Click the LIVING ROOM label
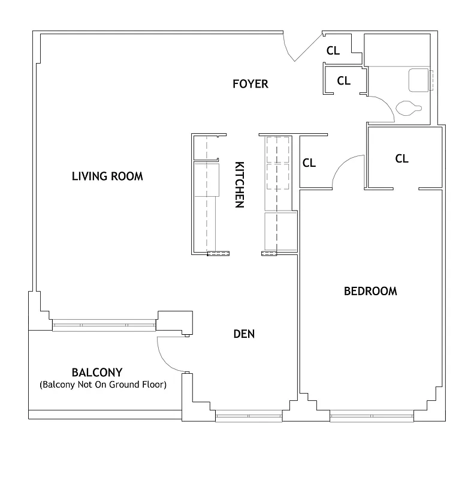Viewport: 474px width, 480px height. click(x=107, y=176)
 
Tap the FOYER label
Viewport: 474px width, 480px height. click(x=250, y=84)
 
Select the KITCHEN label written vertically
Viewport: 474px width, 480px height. click(x=239, y=184)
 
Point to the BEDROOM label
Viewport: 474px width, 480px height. click(x=370, y=292)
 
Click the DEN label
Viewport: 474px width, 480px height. click(x=244, y=334)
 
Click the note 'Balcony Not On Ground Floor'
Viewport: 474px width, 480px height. click(x=102, y=384)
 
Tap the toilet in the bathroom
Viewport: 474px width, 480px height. click(x=409, y=109)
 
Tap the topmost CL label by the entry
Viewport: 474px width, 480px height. click(x=333, y=51)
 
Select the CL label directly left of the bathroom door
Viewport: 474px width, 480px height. click(x=343, y=81)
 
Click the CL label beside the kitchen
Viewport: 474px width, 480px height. click(x=309, y=163)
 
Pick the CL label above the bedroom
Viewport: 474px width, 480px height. click(x=401, y=159)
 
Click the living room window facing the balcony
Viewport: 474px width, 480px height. click(x=103, y=326)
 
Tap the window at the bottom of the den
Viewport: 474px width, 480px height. click(x=248, y=415)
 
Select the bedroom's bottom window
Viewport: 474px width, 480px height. click(x=372, y=415)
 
